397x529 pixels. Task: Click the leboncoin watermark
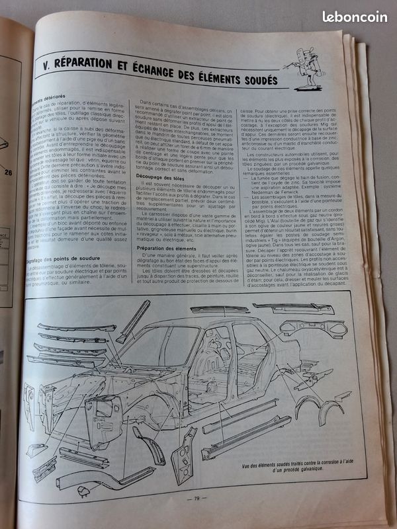click(355, 17)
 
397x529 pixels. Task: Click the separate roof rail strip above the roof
click(219, 309)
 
